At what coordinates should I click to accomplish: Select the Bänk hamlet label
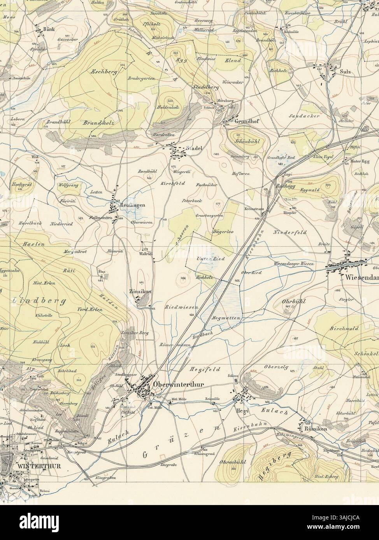(48, 30)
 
